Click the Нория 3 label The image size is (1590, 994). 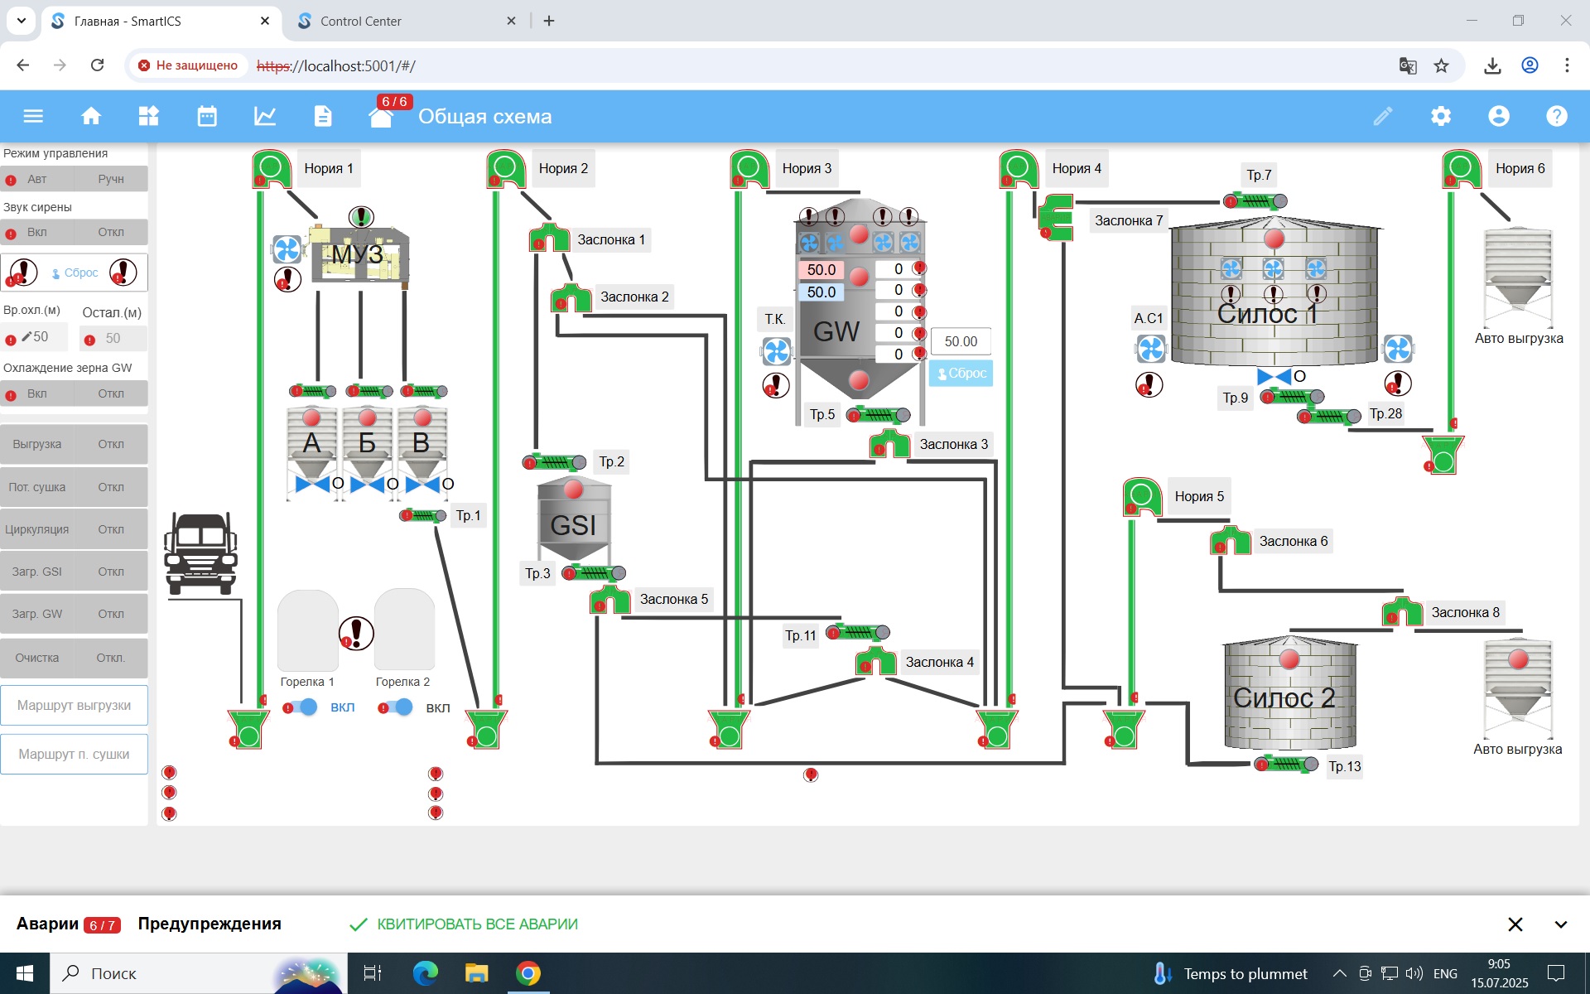(806, 168)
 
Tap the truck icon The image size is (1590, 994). (200, 552)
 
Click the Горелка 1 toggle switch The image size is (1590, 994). (302, 707)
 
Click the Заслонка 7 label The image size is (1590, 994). (1128, 220)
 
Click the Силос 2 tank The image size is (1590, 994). (1289, 696)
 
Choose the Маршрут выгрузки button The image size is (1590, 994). (74, 706)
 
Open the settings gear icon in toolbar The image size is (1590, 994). (1441, 116)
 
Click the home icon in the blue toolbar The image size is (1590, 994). (91, 116)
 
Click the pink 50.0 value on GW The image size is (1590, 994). (821, 270)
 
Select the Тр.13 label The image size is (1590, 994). (1344, 766)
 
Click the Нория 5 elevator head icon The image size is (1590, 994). (1142, 497)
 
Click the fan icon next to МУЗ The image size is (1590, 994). (287, 249)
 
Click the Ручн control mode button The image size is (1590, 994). (110, 179)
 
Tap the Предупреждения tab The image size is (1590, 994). (210, 924)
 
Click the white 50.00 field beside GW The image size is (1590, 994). (961, 341)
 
